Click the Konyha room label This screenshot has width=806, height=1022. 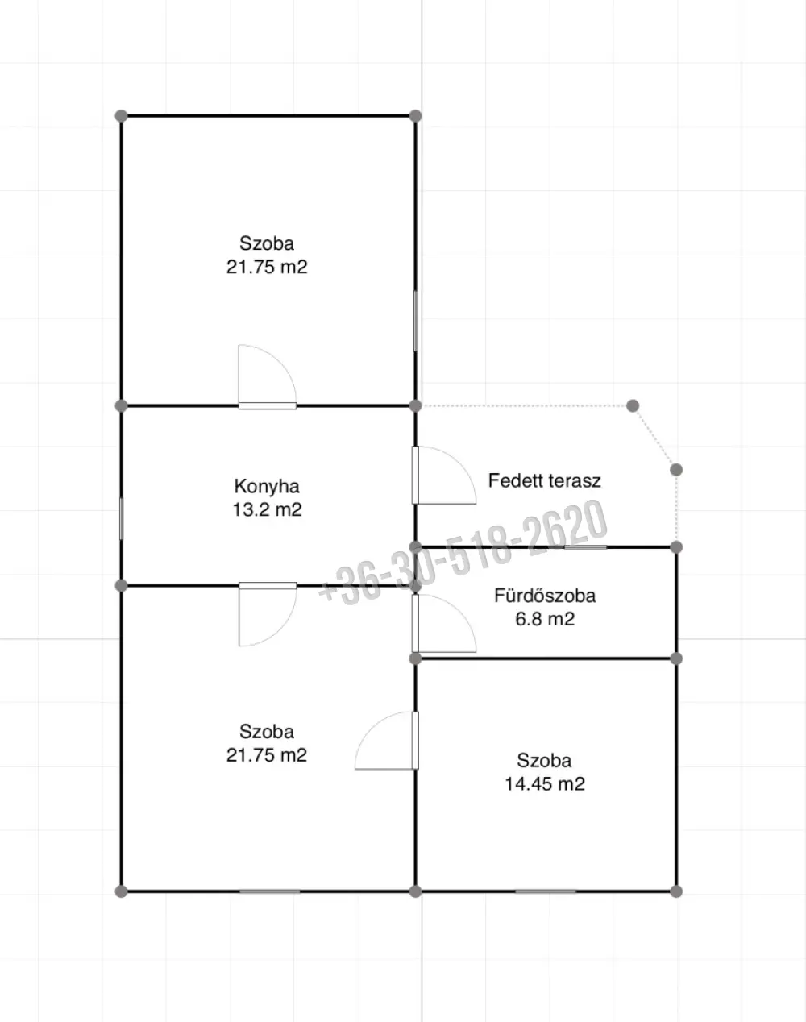[267, 487]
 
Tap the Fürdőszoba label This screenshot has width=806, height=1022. [545, 596]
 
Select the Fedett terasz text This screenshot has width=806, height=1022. [544, 480]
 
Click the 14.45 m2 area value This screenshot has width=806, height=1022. [544, 783]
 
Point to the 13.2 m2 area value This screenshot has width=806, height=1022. [267, 509]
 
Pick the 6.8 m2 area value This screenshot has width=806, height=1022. [545, 619]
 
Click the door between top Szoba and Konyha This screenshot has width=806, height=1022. [268, 376]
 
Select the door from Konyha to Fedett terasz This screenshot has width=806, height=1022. [444, 475]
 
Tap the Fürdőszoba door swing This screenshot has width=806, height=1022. [444, 622]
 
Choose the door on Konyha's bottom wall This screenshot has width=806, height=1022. [268, 614]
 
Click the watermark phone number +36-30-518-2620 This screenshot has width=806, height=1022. [463, 552]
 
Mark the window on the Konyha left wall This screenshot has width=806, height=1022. [121, 518]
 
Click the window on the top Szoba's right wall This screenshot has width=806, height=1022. [416, 321]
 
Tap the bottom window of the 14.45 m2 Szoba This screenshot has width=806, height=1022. [546, 891]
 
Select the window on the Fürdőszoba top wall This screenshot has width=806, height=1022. [586, 547]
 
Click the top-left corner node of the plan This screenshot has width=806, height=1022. [121, 115]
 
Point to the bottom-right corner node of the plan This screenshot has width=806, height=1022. [676, 891]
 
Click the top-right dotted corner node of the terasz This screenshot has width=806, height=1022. [633, 405]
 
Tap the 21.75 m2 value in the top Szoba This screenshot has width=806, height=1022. [267, 267]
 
